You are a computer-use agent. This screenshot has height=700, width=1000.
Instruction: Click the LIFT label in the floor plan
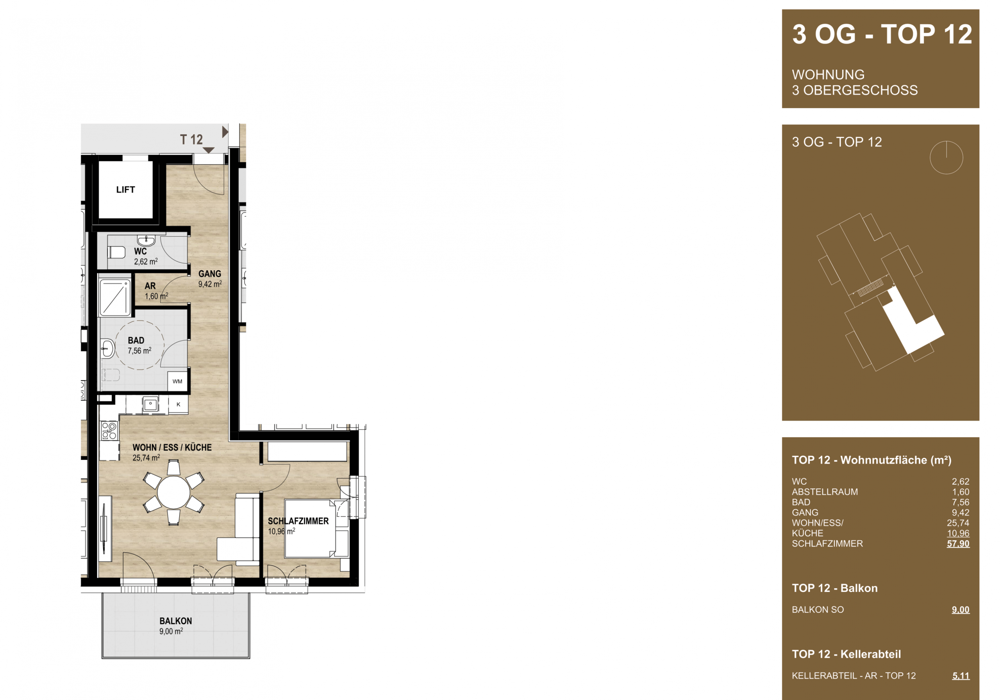coord(125,189)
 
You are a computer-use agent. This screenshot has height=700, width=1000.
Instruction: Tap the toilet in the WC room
coord(116,252)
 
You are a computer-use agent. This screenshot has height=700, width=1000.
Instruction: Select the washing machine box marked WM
coord(178,381)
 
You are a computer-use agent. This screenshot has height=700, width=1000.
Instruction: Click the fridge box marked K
coord(179,404)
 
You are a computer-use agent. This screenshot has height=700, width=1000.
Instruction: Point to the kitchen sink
coord(151,404)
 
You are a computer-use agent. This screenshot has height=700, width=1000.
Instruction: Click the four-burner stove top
coord(109,430)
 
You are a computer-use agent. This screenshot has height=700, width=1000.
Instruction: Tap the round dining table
coord(174,492)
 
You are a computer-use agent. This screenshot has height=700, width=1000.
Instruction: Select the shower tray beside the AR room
coord(115,298)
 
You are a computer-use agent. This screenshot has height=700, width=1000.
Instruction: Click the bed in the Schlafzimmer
coord(310,529)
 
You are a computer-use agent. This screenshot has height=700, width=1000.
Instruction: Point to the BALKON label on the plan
coord(175,621)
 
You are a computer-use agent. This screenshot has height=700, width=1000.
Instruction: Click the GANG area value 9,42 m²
coord(210,284)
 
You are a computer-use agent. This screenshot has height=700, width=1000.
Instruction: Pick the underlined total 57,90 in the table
coord(958,544)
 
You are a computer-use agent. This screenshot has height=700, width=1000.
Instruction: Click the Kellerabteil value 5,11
coord(961,676)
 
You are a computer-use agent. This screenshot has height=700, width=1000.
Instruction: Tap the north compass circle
coord(946,158)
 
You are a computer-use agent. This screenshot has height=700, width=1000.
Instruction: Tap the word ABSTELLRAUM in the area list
coord(825,492)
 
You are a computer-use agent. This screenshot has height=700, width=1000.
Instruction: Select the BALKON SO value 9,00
coord(961,610)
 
